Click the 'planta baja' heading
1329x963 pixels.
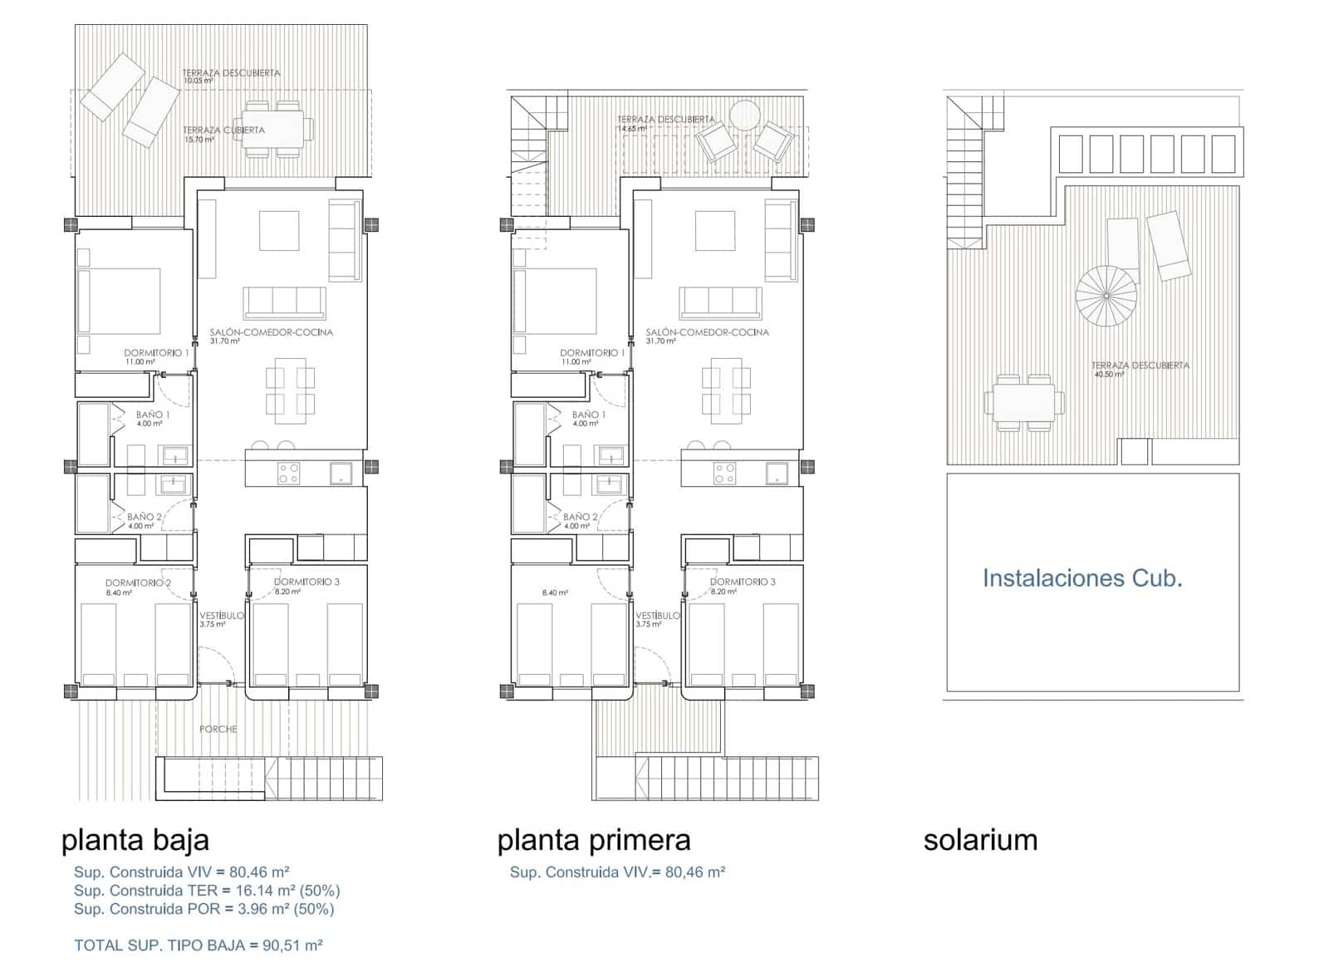coord(135,840)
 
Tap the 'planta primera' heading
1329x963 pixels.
coord(593,840)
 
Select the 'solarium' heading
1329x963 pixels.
coord(980,840)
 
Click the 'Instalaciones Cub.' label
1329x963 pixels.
coord(1081,578)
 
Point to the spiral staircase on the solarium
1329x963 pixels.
coord(1106,295)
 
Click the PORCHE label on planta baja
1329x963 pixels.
coord(218,730)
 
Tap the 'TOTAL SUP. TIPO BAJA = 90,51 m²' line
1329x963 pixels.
coord(198,945)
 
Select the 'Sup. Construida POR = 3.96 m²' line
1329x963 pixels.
coord(204,909)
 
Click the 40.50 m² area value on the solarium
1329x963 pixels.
coord(1107,375)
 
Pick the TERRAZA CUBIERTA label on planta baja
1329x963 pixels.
coord(223,130)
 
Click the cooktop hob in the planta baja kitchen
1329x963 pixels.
coord(288,474)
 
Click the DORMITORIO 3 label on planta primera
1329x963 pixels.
coord(743,582)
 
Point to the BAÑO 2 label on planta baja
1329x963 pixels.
coord(145,517)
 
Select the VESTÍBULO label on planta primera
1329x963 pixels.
coord(657,616)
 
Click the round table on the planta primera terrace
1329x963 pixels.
coord(744,114)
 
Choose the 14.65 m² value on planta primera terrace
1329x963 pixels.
coord(631,129)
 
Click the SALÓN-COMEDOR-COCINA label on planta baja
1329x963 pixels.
coord(271,332)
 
